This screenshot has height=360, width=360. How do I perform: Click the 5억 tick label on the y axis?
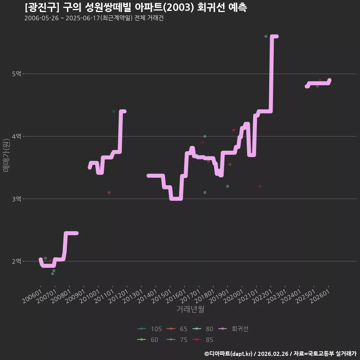point(16,74)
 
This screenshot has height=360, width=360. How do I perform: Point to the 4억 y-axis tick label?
point(16,136)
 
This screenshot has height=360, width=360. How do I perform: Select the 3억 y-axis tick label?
point(16,199)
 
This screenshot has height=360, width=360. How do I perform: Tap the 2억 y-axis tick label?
point(16,261)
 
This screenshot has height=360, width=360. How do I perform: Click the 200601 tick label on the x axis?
point(32,296)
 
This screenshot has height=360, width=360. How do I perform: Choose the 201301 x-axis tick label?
point(133,296)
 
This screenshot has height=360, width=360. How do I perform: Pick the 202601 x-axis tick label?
point(319,296)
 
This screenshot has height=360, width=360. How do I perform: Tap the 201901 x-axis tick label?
point(219,296)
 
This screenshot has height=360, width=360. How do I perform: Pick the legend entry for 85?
point(203,340)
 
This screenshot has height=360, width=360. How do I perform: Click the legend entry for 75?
point(177,340)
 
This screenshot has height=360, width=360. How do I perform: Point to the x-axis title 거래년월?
point(190,309)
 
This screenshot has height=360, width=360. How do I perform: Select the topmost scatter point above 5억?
point(266,36)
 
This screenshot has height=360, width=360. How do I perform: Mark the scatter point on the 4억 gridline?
point(205,136)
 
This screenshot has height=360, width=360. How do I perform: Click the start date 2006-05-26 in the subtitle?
point(42,18)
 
